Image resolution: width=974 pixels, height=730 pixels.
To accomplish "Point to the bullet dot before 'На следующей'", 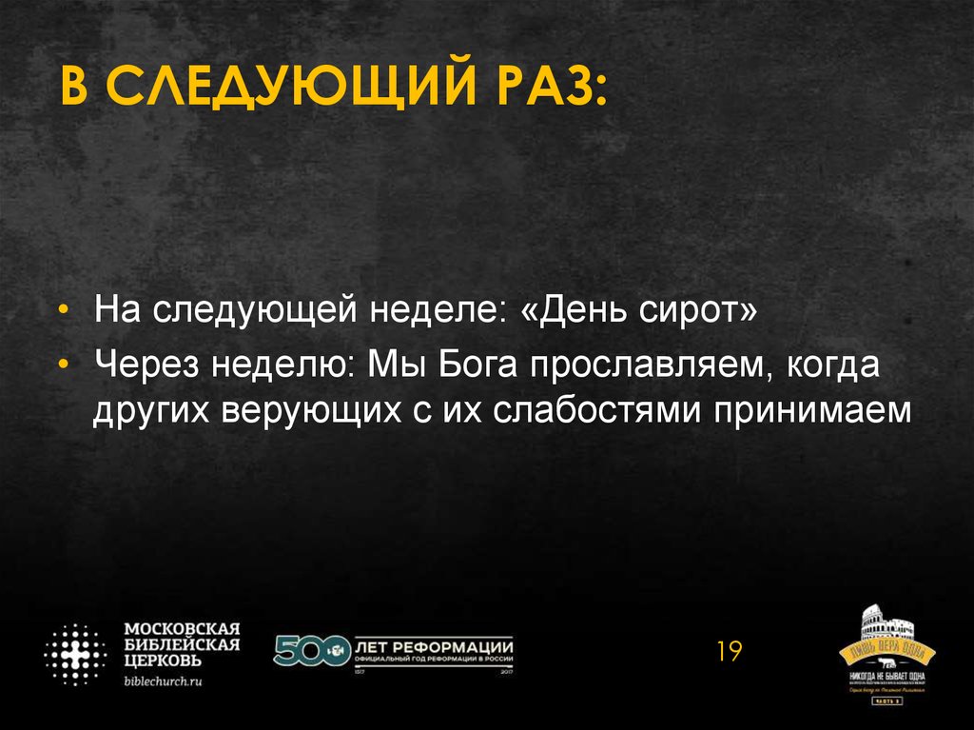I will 64,311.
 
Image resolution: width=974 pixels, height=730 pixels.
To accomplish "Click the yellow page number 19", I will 729,652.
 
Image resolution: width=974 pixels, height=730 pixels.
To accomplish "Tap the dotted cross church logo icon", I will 75,655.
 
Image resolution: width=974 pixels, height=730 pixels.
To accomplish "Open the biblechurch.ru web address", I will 165,681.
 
